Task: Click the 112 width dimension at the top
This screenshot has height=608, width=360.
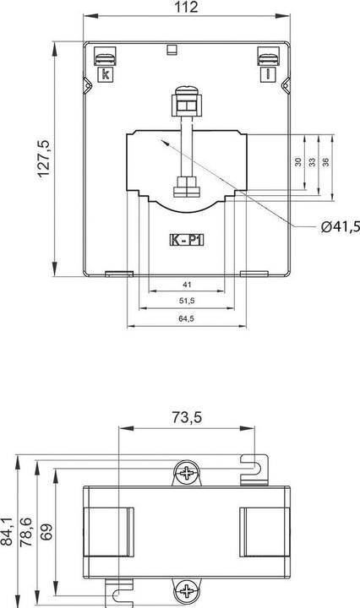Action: pos(188,8)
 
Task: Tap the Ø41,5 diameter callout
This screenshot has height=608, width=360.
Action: pos(341,226)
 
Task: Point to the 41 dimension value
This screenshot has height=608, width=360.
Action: pos(187,285)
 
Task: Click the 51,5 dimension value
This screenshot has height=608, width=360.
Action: pos(187,301)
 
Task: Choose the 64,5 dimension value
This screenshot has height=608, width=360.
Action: pos(187,318)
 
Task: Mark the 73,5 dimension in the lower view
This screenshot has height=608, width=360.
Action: pos(187,417)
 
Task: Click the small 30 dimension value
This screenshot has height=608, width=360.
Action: pos(298,161)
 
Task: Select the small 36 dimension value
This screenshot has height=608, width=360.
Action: pos(326,161)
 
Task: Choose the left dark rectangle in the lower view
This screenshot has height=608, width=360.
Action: pos(109,532)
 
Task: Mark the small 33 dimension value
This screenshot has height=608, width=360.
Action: pos(313,161)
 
